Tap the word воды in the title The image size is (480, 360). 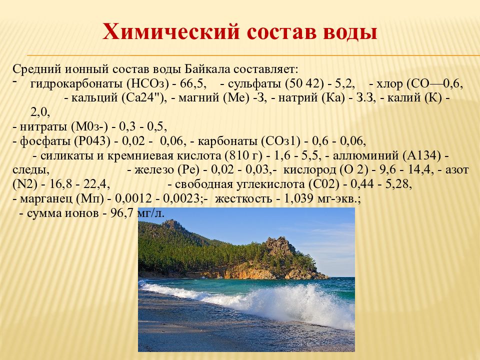click(x=348, y=32)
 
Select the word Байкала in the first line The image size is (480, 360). click(x=210, y=68)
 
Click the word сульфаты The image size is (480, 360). click(x=254, y=83)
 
